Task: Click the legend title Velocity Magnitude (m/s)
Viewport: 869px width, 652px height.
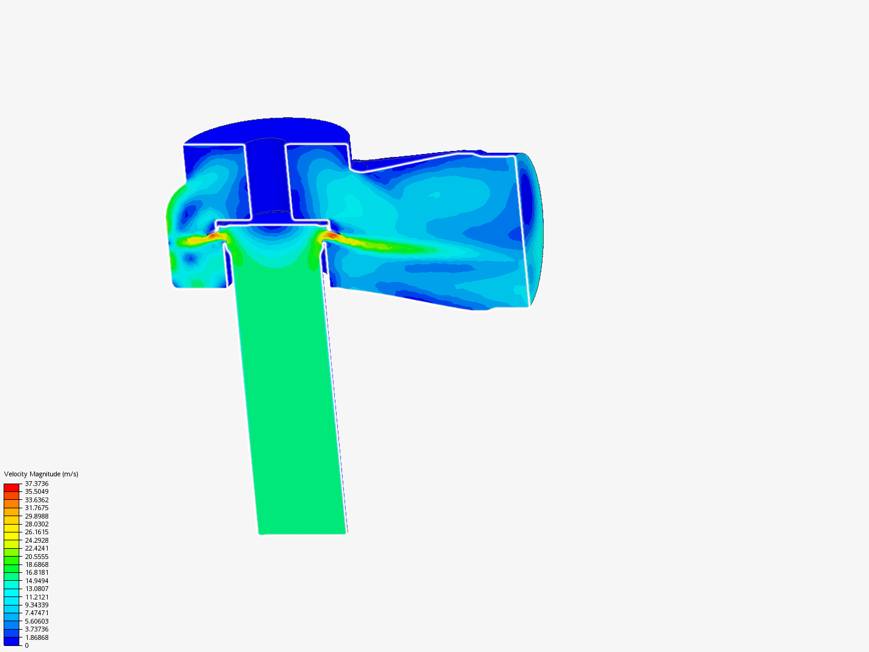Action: coord(41,474)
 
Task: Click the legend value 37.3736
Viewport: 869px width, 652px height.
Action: coord(36,484)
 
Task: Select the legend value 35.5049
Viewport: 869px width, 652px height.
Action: coord(36,491)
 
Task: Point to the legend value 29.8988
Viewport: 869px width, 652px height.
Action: coord(36,516)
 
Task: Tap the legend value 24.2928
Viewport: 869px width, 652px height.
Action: coord(36,540)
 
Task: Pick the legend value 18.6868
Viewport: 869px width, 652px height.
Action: coord(36,564)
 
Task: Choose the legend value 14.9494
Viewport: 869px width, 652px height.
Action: coord(36,581)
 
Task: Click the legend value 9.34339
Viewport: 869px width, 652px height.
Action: coord(36,605)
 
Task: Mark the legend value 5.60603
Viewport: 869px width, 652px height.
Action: coord(36,621)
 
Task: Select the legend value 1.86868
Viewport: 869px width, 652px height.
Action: coord(36,638)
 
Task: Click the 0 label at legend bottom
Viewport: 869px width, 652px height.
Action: coord(27,645)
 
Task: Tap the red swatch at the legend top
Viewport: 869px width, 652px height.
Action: coord(11,487)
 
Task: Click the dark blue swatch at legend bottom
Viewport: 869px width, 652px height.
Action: coord(11,641)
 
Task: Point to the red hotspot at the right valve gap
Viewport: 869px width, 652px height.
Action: coord(330,235)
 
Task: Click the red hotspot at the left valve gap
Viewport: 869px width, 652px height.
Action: coord(214,235)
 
